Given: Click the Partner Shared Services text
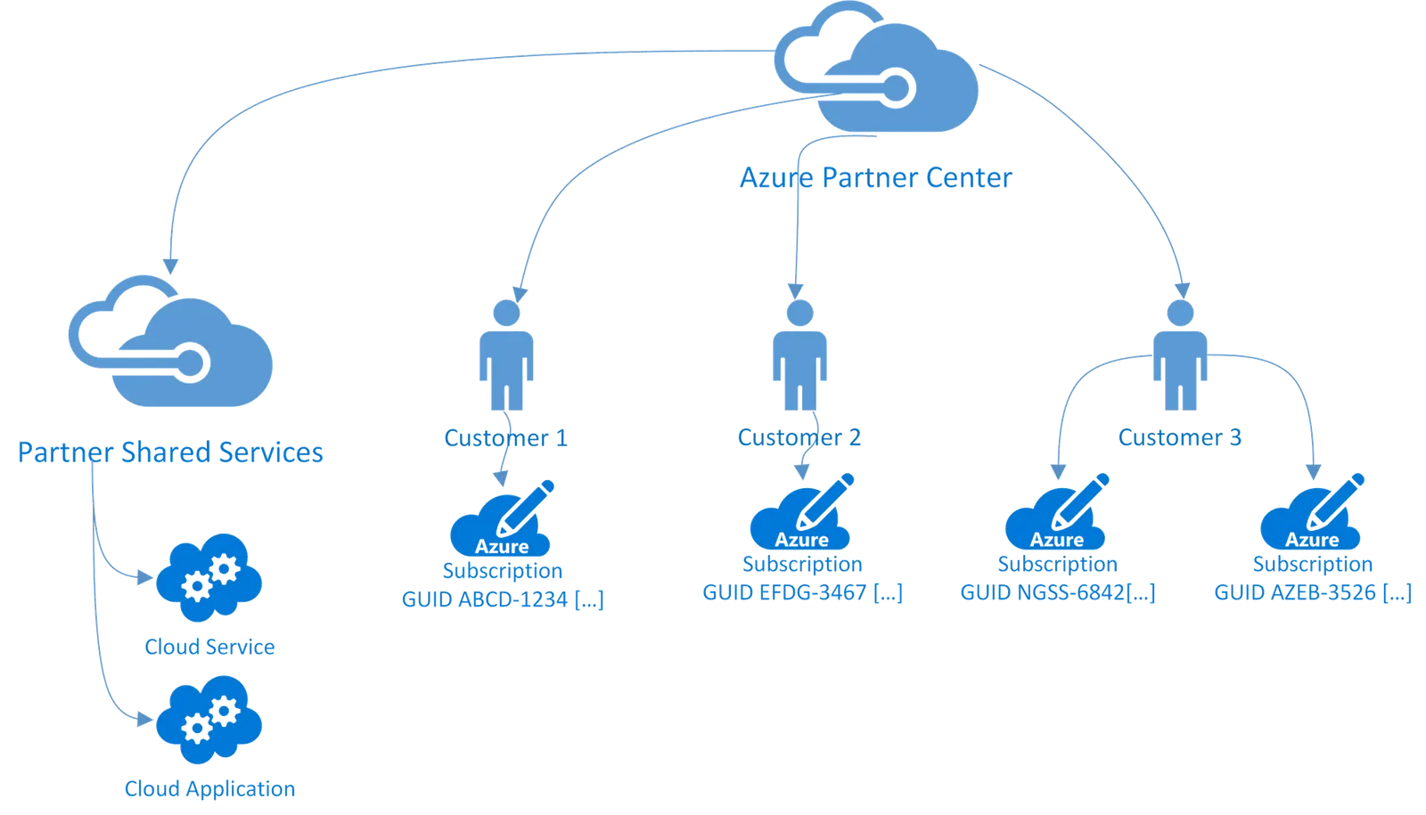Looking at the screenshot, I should [169, 452].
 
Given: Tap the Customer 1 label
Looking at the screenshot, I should [506, 438].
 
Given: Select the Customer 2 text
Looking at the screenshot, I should [799, 437].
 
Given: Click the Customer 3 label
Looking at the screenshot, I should [1180, 437].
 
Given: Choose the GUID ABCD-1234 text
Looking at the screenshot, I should [504, 599].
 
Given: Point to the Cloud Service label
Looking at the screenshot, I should [209, 647].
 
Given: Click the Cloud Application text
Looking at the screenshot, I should [209, 788].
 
